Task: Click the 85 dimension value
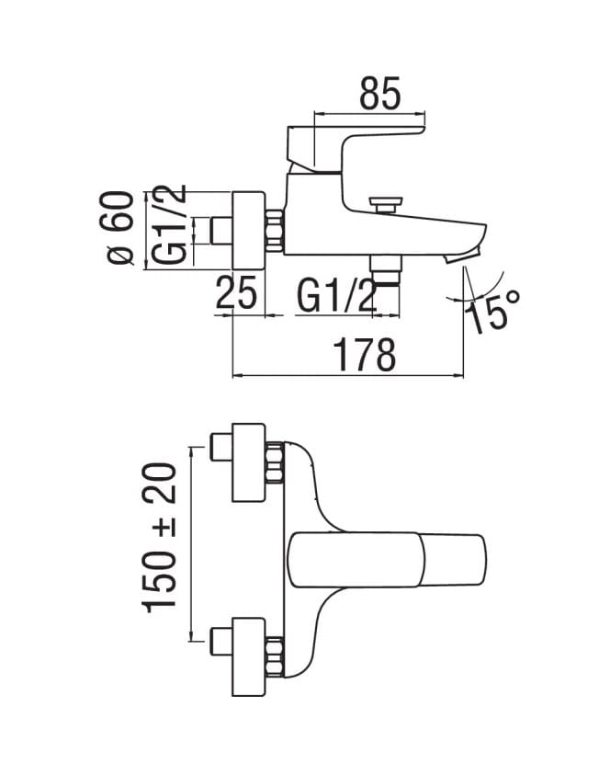tap(379, 94)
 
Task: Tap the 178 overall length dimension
tap(365, 354)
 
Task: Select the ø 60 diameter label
tap(120, 228)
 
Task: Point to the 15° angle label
tap(492, 311)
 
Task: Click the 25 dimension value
tap(236, 292)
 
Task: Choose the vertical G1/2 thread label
tap(169, 224)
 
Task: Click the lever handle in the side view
tap(356, 149)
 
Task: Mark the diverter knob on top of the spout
tap(385, 205)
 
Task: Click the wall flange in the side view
tap(248, 231)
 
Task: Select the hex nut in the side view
tap(275, 231)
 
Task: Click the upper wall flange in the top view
tap(249, 462)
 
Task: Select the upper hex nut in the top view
tap(275, 462)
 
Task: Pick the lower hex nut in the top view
tap(275, 657)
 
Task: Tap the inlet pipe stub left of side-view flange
tap(221, 231)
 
